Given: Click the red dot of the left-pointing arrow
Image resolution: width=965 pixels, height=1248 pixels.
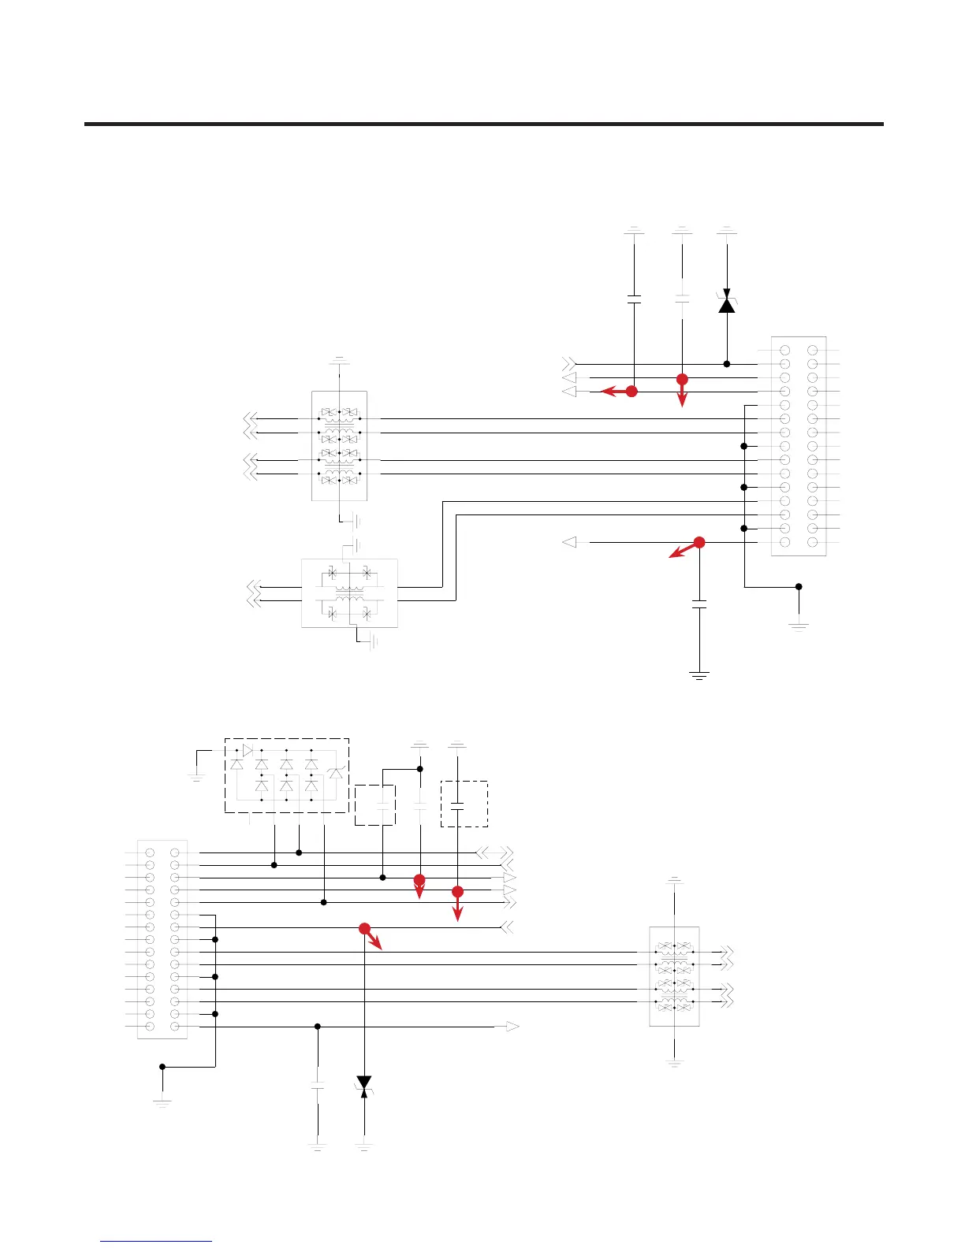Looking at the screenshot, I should click(x=632, y=391).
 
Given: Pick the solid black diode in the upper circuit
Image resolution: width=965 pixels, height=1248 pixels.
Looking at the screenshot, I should click(x=727, y=303).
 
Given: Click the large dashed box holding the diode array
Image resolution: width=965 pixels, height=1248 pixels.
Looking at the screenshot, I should click(x=287, y=775).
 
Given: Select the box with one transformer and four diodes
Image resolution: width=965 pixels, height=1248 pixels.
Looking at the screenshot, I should click(x=349, y=593).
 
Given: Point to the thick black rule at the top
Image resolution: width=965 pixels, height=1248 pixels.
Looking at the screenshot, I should click(x=483, y=124).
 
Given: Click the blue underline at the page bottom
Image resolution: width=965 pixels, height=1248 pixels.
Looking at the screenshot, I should click(x=156, y=1242).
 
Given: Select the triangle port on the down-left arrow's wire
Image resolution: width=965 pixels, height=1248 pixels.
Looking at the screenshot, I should click(x=569, y=542).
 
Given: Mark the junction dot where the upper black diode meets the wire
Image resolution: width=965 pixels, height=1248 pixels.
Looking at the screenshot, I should click(x=727, y=364).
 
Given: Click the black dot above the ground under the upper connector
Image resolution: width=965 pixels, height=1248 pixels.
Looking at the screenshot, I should click(x=799, y=586).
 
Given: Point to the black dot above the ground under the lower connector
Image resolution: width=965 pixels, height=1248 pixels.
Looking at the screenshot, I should click(x=162, y=1067).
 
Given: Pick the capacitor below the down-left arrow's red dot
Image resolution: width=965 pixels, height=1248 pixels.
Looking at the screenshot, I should click(x=699, y=604).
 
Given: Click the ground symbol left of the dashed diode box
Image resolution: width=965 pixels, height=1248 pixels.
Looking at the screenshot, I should click(x=196, y=777).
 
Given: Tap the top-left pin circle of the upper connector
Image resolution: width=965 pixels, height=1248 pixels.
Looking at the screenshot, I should click(x=785, y=350).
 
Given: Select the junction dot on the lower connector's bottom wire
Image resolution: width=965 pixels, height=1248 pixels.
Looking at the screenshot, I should click(x=318, y=1027).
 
